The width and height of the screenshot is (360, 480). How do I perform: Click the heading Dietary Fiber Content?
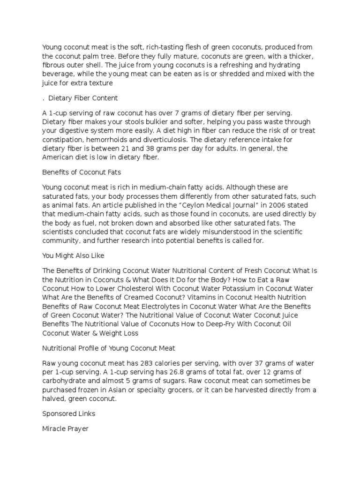[x=82, y=98]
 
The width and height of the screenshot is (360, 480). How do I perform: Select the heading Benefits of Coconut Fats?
[x=82, y=172]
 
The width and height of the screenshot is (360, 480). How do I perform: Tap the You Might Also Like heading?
[x=73, y=255]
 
